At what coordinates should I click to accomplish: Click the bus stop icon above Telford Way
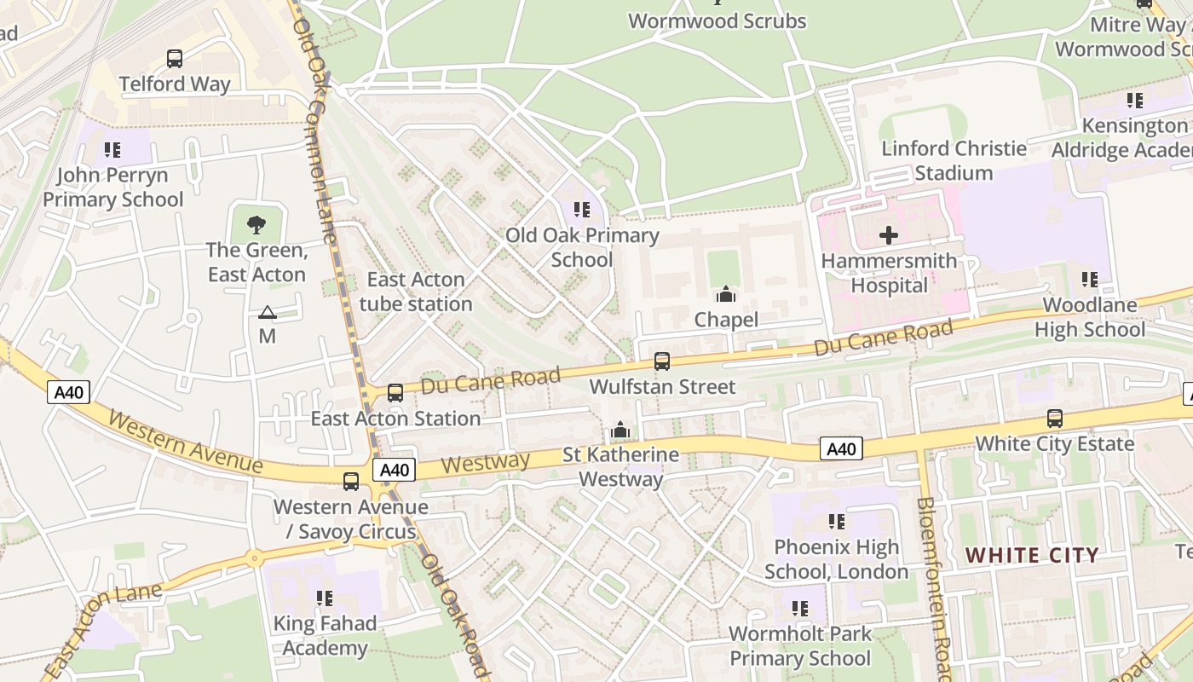coord(175,59)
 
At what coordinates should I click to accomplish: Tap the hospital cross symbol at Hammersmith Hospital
coord(889,235)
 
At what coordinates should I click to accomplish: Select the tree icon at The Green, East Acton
coord(256,225)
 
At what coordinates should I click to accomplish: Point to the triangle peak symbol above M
coord(268,313)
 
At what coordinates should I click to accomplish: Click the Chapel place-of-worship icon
coord(726,295)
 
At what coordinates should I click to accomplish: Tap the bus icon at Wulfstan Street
coord(662,361)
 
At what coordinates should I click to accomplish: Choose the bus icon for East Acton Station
coord(395,393)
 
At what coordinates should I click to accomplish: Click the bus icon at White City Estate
coord(1055,419)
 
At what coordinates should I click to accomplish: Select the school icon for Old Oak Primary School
coord(582,210)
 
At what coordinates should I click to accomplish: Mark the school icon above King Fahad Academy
coord(324,598)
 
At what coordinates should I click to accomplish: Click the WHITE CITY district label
coord(1032,556)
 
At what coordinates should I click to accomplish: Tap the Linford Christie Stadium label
coord(954,160)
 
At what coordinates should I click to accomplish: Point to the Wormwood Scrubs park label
coord(717,21)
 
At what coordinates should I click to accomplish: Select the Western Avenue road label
coord(186,442)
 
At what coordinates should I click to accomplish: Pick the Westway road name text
coord(487,464)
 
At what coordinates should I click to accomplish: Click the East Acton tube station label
coord(416,292)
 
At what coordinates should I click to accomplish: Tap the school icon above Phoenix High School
coord(837,522)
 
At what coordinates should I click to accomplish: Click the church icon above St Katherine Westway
coord(620,430)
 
